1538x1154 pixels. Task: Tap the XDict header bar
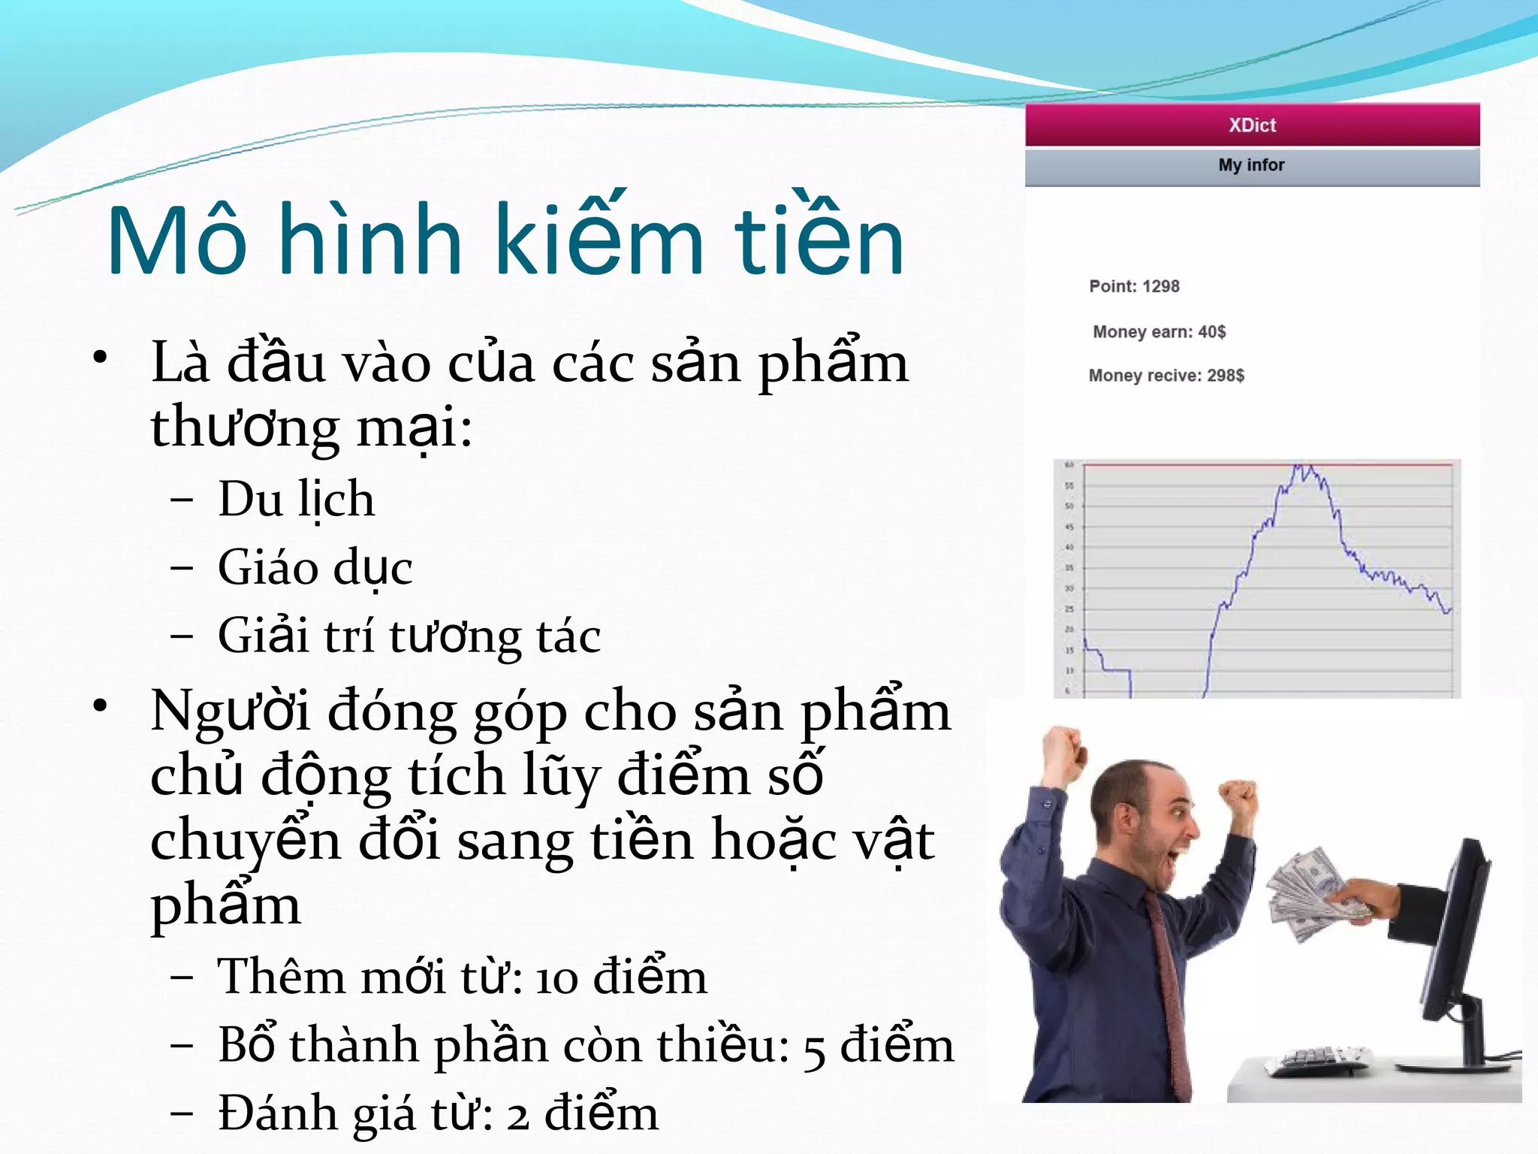tap(1252, 125)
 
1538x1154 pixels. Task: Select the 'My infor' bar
tap(1252, 165)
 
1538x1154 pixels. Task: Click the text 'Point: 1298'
tap(1134, 286)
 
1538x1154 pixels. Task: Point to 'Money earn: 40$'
tap(1159, 332)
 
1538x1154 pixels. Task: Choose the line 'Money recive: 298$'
tap(1166, 376)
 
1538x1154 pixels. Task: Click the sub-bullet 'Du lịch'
tap(296, 499)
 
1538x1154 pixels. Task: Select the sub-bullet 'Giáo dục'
tap(315, 567)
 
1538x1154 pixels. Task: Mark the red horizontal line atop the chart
tap(1202, 465)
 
